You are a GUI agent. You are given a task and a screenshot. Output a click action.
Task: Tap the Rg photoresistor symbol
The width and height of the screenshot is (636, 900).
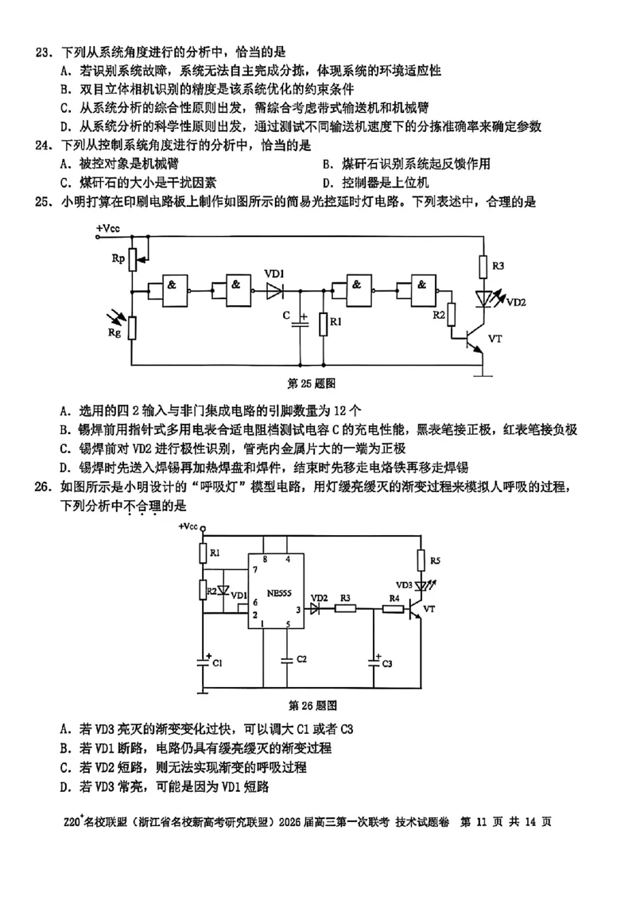[134, 326]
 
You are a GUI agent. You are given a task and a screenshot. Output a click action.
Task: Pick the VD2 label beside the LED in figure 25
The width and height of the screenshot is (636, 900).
[516, 302]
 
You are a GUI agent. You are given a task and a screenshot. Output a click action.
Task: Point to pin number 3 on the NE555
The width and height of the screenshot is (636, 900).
[298, 611]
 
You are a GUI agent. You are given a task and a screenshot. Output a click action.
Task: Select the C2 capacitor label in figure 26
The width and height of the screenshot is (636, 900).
[301, 660]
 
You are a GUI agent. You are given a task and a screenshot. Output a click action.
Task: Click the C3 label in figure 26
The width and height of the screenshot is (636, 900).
[387, 663]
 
